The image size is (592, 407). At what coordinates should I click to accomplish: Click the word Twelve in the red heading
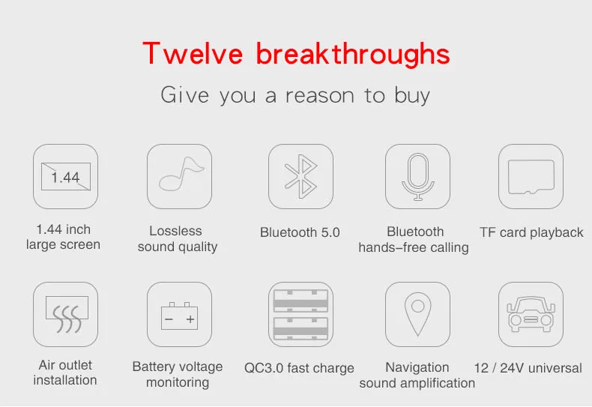[193, 53]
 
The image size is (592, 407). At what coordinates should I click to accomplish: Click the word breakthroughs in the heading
[353, 55]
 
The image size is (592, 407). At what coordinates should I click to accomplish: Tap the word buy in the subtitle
[412, 96]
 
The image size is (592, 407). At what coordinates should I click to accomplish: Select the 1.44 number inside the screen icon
[65, 177]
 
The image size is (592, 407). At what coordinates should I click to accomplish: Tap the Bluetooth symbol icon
[301, 176]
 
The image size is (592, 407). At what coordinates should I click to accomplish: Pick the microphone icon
[417, 176]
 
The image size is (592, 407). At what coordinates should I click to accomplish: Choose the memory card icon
[531, 177]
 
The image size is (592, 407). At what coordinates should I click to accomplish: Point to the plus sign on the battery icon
[190, 319]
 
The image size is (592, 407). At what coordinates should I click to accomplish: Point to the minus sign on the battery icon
[169, 319]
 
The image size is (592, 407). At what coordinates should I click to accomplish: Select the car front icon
[531, 314]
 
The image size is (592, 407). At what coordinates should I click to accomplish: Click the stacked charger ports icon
[300, 314]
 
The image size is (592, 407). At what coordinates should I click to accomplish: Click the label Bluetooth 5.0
[300, 232]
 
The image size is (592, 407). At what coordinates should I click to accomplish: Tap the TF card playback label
[531, 232]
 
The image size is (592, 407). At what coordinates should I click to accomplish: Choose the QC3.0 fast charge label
[299, 368]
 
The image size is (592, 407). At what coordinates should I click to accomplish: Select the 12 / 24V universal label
[528, 368]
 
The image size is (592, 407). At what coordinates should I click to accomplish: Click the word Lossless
[175, 231]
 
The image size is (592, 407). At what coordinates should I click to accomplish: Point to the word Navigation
[417, 367]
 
